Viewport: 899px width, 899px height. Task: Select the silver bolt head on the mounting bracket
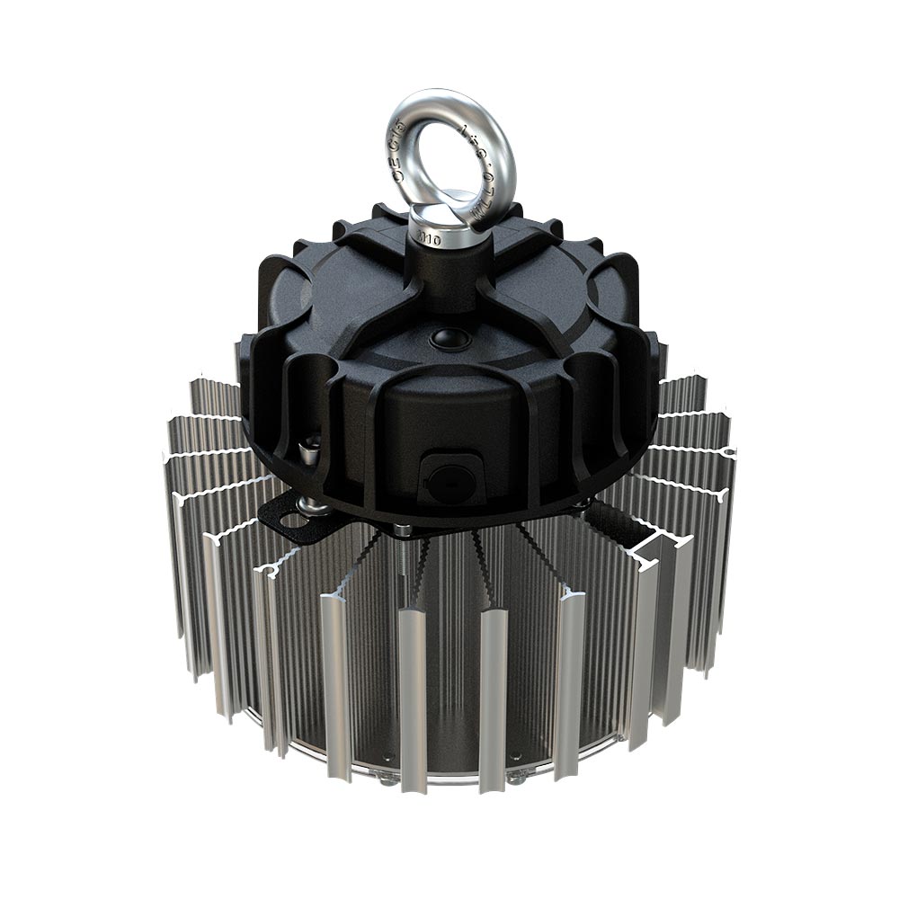tap(315, 506)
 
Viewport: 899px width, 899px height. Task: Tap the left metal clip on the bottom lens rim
tap(387, 780)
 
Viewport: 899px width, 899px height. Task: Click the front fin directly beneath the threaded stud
tap(412, 701)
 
